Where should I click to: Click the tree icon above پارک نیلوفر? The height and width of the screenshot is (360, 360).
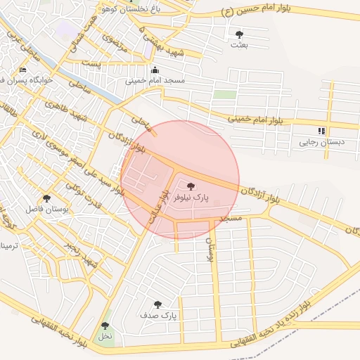(191, 186)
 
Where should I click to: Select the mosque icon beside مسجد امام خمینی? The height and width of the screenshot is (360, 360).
(155, 70)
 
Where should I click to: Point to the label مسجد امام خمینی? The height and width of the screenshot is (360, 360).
(155, 81)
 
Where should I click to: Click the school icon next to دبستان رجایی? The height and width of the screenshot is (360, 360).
(321, 131)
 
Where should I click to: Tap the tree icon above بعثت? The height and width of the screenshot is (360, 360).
(239, 34)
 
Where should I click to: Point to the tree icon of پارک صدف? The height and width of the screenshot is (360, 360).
(157, 305)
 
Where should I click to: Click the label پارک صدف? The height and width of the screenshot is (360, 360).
(162, 316)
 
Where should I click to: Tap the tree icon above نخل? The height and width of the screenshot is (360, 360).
(105, 326)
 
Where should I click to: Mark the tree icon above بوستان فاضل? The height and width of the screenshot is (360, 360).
(46, 198)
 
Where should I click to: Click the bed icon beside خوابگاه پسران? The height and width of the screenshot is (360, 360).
(22, 70)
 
